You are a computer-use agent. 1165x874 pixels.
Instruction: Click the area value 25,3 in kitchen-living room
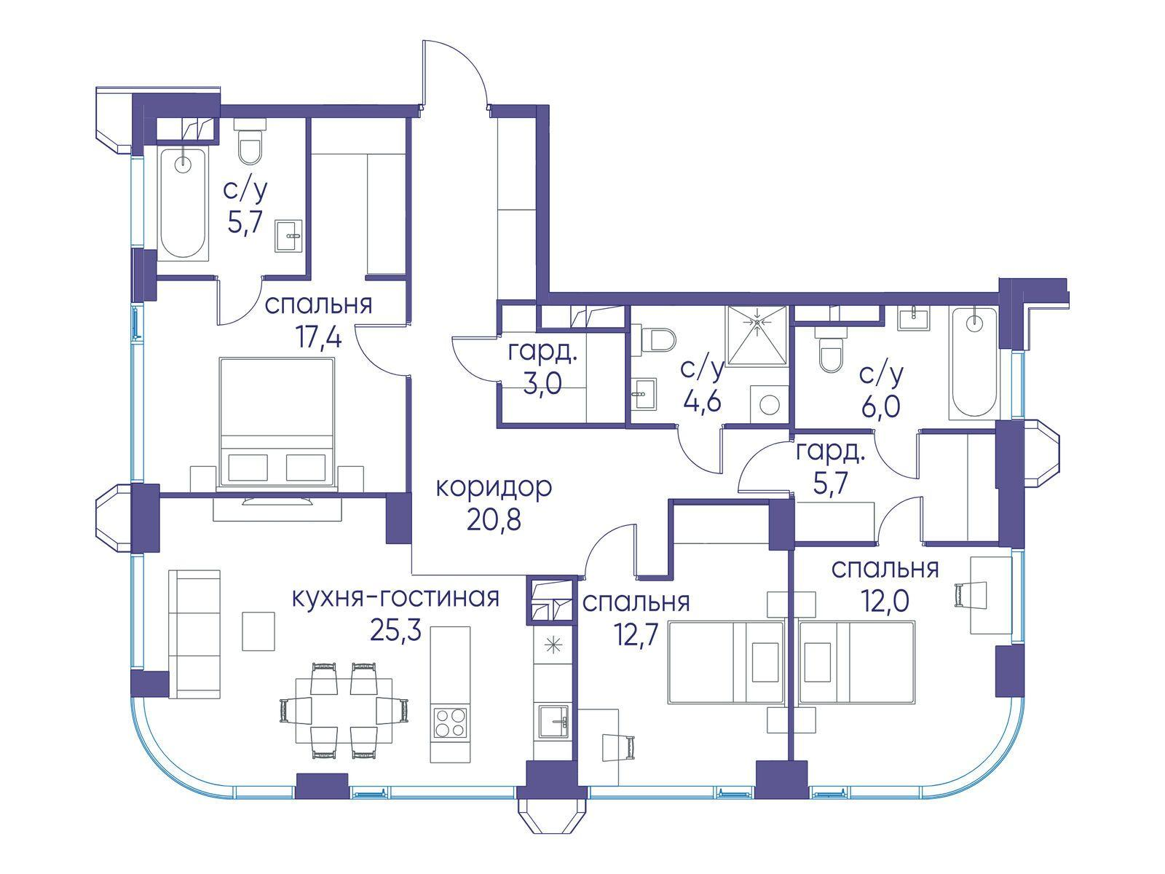point(397,631)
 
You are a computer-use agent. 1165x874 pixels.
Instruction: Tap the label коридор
point(494,488)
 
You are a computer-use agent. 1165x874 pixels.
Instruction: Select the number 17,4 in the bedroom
point(320,337)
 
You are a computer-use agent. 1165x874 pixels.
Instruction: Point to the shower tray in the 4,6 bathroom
point(757,335)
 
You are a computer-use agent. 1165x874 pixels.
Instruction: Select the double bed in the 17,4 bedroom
point(277,422)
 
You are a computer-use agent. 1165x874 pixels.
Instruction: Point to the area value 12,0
point(885,602)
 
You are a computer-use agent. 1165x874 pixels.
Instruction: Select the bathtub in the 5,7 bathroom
point(183,203)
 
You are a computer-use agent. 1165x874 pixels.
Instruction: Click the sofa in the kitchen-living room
point(194,634)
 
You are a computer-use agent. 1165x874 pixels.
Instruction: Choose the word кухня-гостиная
point(396,598)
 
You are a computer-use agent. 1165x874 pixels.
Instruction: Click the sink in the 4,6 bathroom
point(644,394)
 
